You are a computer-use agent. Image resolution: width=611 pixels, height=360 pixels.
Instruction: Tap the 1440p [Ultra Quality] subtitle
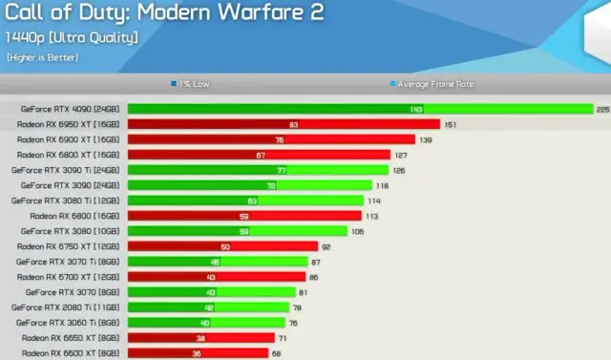(72, 37)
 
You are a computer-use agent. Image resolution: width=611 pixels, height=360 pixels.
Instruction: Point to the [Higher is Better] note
(42, 57)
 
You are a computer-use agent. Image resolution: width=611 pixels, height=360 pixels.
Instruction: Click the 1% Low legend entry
(194, 84)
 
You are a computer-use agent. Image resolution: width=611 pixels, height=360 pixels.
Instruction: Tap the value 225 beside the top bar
(602, 109)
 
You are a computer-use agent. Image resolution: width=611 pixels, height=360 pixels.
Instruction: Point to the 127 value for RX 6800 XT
(401, 155)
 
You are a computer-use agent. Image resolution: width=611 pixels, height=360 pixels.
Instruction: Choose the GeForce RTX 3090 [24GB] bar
(249, 185)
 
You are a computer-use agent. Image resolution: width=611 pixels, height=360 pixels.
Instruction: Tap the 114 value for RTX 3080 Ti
(374, 201)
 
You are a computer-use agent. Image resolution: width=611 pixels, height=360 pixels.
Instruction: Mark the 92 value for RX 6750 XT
(326, 246)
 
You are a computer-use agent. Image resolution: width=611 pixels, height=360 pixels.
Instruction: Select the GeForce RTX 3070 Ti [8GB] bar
(218, 262)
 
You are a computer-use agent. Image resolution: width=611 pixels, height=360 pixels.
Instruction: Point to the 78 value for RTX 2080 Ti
(298, 307)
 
